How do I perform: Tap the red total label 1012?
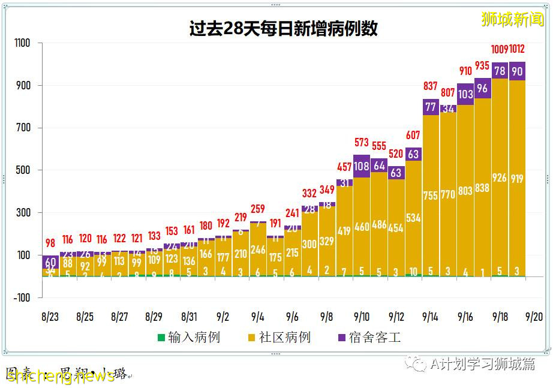point(518,49)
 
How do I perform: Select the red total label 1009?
point(500,49)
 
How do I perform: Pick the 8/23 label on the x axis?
point(50,317)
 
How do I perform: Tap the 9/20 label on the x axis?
point(534,317)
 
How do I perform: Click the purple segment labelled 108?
point(362,166)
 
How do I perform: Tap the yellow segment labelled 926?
point(500,178)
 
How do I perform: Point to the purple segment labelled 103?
point(465,94)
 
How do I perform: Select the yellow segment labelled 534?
point(413,218)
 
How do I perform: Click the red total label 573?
point(362,143)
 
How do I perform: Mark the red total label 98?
point(50,243)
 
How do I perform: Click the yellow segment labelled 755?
point(431,195)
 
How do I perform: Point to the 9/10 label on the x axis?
point(362,317)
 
